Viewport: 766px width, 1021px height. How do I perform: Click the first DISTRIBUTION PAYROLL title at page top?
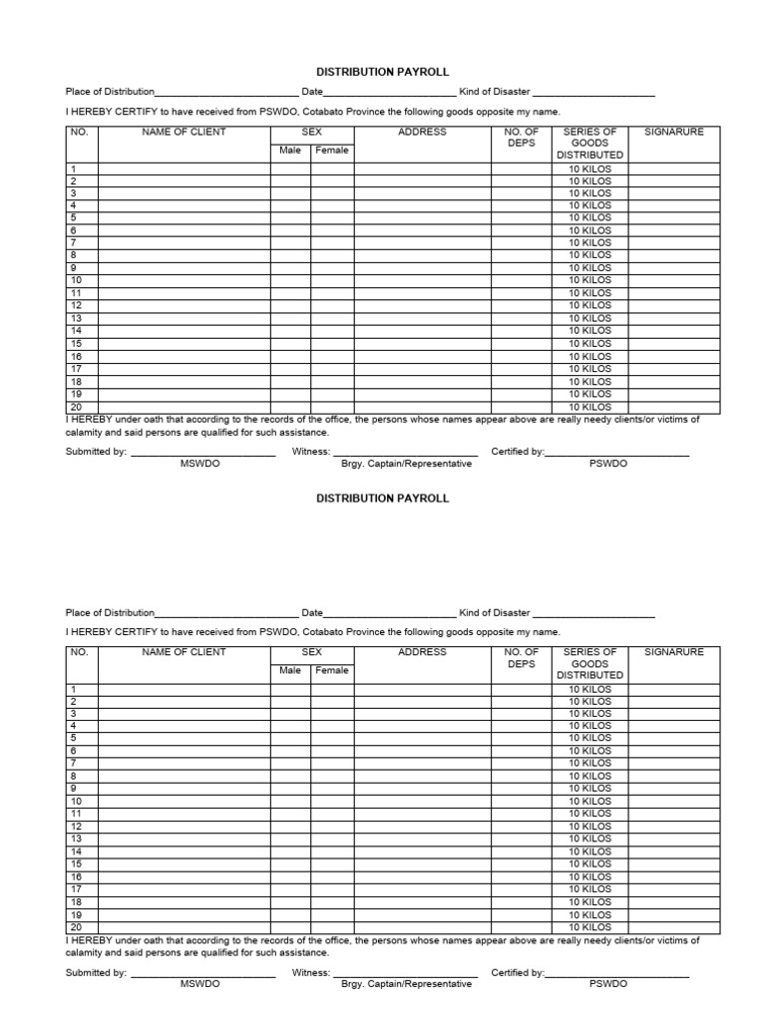(383, 73)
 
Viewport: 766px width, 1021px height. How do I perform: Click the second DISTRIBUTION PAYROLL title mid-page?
(383, 499)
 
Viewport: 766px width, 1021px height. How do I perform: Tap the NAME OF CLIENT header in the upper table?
(184, 132)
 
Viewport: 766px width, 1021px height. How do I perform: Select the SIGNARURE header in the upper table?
(673, 132)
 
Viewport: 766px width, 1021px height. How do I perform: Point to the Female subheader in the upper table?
(332, 151)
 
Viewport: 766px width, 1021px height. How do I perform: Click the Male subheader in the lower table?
(290, 671)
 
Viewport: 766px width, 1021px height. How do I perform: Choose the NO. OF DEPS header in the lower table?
(522, 658)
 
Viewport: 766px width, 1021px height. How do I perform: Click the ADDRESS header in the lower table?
(422, 652)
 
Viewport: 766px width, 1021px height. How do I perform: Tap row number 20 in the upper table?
(75, 407)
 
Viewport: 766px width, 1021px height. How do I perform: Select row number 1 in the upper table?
(72, 169)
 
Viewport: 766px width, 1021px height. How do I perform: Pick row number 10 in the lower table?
(75, 802)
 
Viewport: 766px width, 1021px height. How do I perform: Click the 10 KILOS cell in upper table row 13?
(589, 319)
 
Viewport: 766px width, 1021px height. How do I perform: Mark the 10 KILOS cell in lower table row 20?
(589, 927)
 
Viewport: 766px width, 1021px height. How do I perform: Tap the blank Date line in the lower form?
(390, 615)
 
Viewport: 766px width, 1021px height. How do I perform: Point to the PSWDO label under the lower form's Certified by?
(608, 984)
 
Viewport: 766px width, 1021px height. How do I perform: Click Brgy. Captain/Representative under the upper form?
(406, 465)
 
